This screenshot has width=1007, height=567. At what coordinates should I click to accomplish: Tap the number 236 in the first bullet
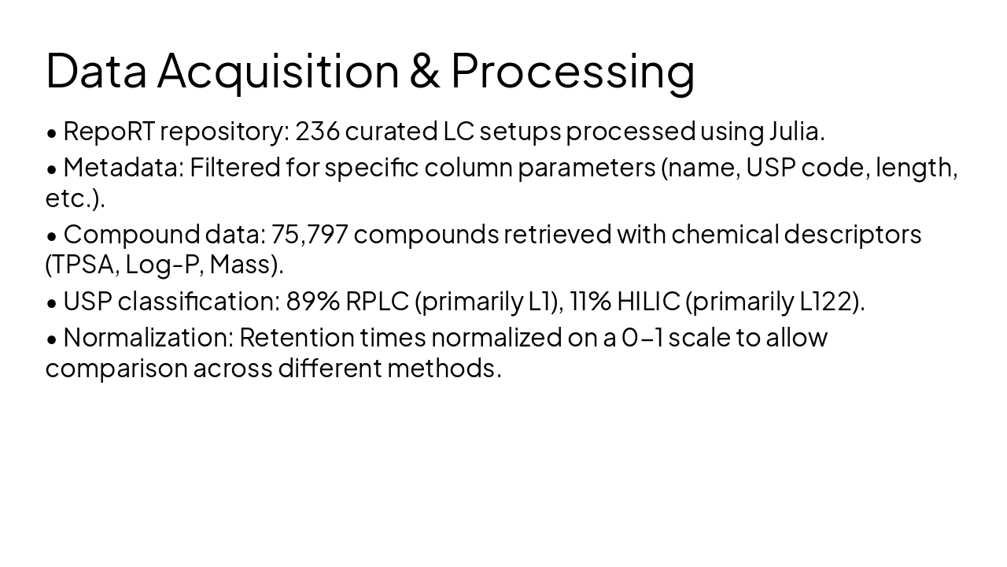point(317,132)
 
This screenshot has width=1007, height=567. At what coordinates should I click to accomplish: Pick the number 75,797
point(309,235)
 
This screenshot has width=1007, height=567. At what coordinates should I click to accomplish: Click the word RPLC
point(377,302)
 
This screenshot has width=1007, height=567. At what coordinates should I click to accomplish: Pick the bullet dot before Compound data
point(52,236)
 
